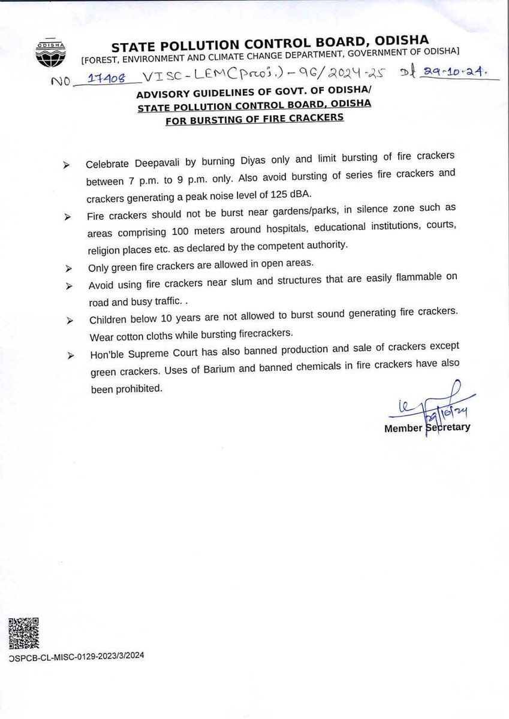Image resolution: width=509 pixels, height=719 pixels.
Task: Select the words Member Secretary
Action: pyautogui.click(x=427, y=428)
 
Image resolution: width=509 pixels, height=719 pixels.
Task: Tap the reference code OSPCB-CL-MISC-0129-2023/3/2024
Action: pyautogui.click(x=77, y=656)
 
